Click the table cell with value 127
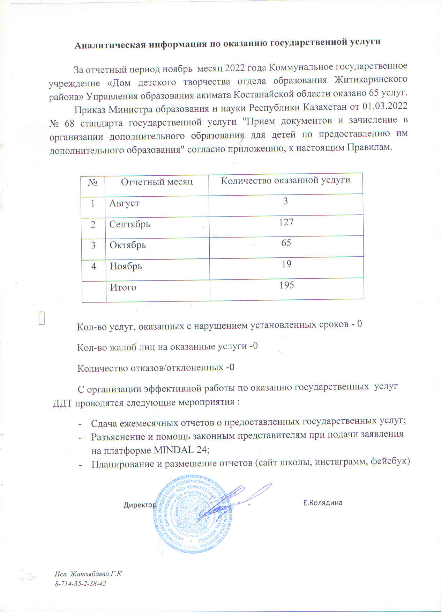pos(286,222)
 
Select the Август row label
pos(124,203)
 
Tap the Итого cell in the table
pos(123,287)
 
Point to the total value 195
pos(286,285)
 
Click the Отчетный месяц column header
pos(157,182)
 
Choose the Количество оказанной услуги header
pos(285,180)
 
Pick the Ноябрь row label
pos(126,266)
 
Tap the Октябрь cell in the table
pos(128,245)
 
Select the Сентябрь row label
pos(129,224)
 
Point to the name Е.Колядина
pos(322,503)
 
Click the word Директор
pos(140,505)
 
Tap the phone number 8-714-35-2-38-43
pos(80,584)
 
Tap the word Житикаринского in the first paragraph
pos(371,80)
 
